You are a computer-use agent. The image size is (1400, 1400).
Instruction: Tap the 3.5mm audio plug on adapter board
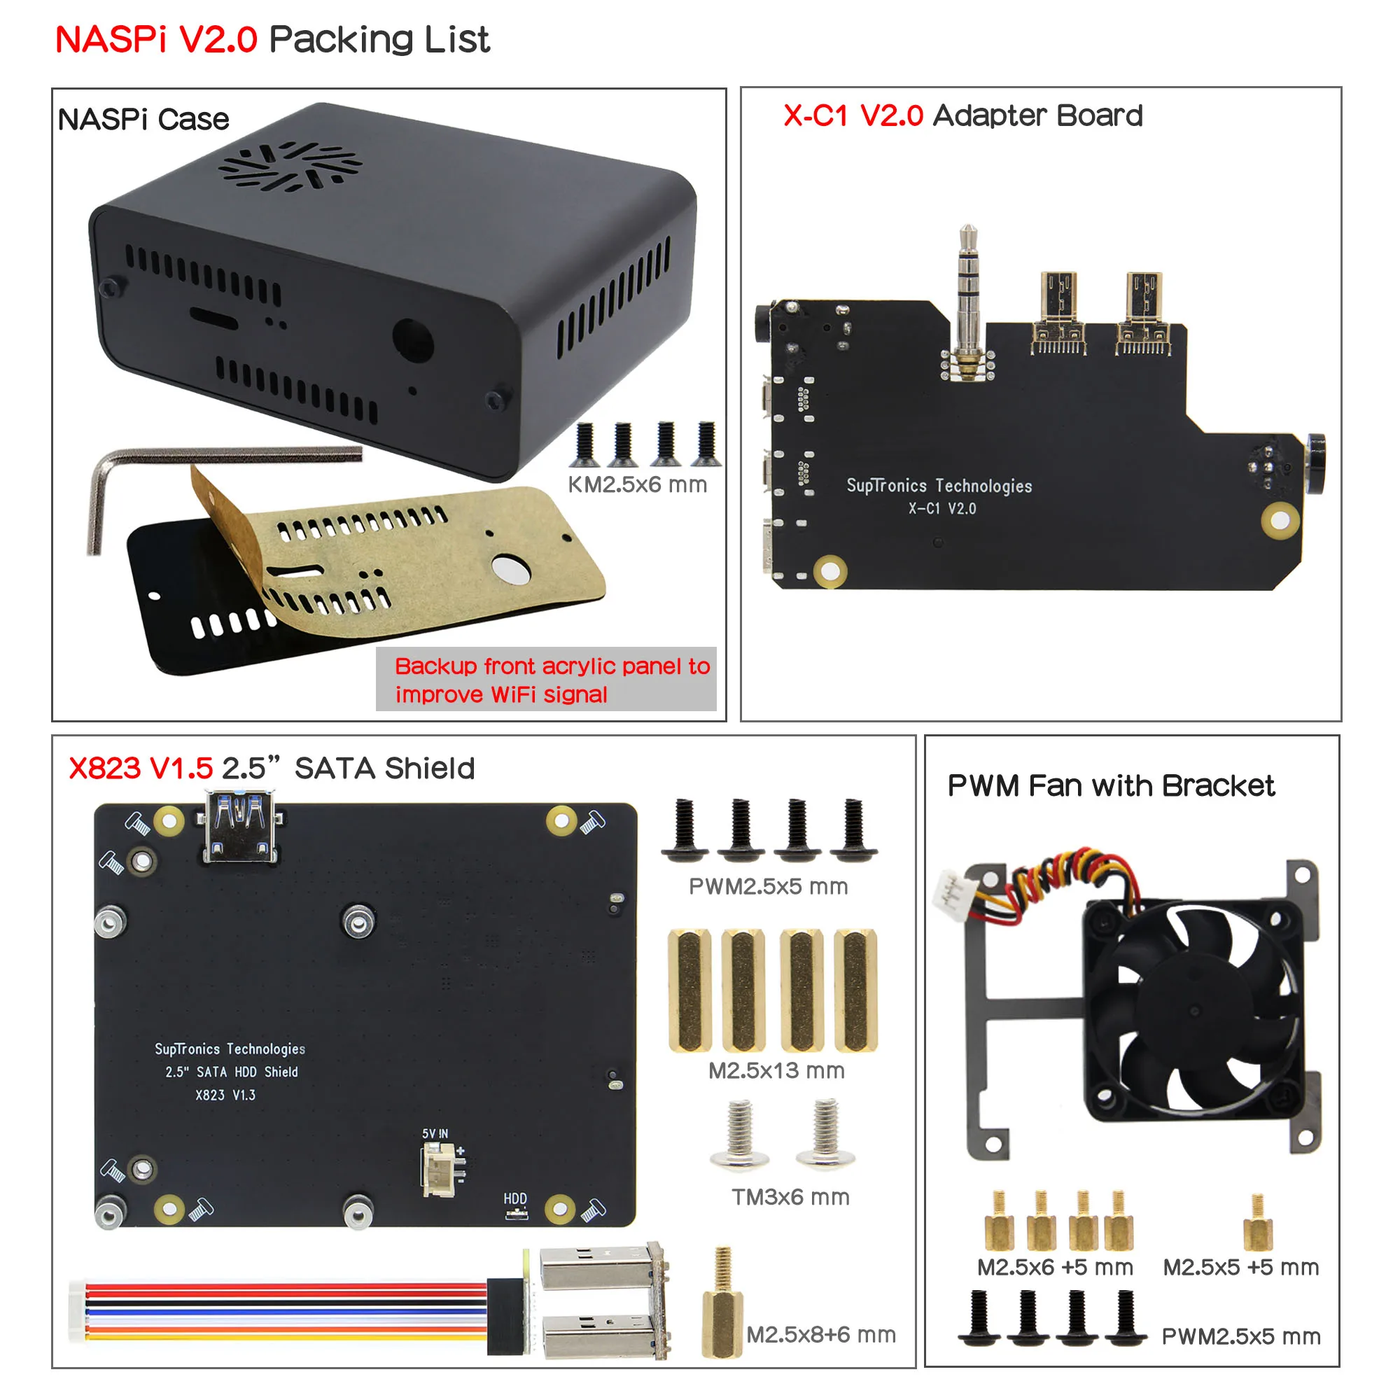[x=967, y=297]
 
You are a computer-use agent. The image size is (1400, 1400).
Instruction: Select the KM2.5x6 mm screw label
[x=637, y=485]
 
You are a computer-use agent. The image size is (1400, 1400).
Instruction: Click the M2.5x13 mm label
[x=776, y=1070]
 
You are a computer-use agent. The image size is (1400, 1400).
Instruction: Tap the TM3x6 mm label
[x=790, y=1197]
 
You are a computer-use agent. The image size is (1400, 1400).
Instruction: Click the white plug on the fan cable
[x=951, y=897]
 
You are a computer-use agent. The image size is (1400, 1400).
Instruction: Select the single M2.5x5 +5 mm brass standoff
[x=1257, y=1223]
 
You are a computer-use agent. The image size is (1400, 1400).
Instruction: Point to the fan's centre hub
[x=1194, y=1009]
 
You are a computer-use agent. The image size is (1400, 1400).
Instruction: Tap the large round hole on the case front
[x=412, y=339]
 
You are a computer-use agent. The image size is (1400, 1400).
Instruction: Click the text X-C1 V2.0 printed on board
[x=942, y=509]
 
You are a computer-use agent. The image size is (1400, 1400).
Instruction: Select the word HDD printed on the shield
[x=515, y=1198]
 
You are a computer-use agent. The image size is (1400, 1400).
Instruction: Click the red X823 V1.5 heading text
[x=141, y=768]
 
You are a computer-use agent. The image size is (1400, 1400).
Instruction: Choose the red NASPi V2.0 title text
[x=156, y=39]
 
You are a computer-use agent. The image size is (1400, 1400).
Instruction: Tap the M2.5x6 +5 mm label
[x=1054, y=1268]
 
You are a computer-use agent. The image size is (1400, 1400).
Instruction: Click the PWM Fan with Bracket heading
[x=1110, y=785]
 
